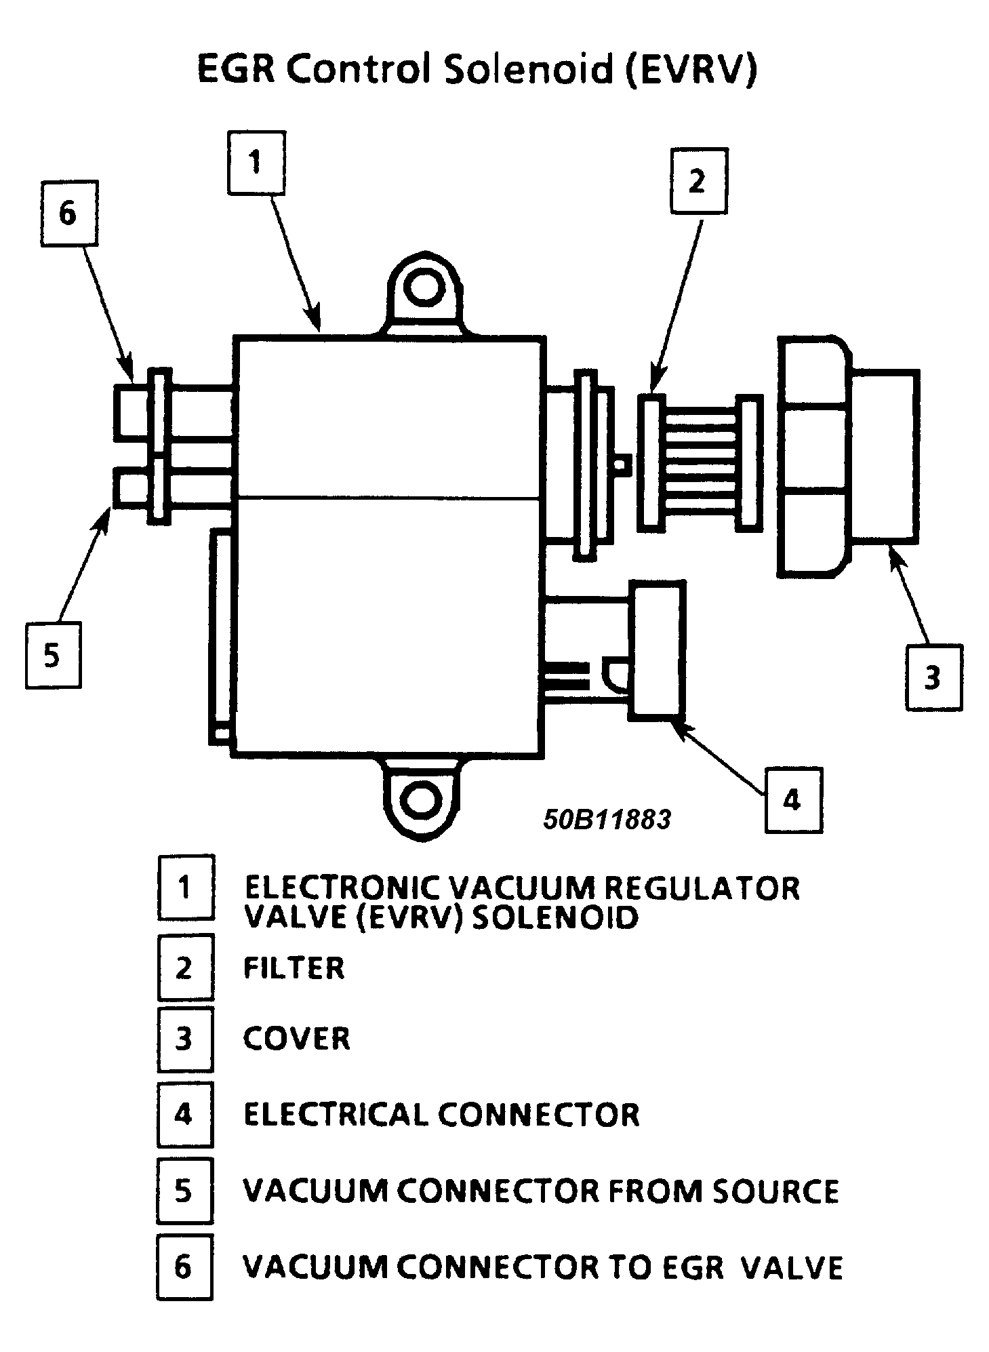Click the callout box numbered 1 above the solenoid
tap(256, 163)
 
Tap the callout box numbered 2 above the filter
tap(698, 181)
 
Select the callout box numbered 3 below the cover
tap(933, 677)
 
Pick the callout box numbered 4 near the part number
tap(792, 800)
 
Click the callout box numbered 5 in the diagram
tap(53, 656)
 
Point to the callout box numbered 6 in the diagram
tap(68, 213)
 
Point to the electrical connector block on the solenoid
tap(657, 648)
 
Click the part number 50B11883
tap(607, 820)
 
